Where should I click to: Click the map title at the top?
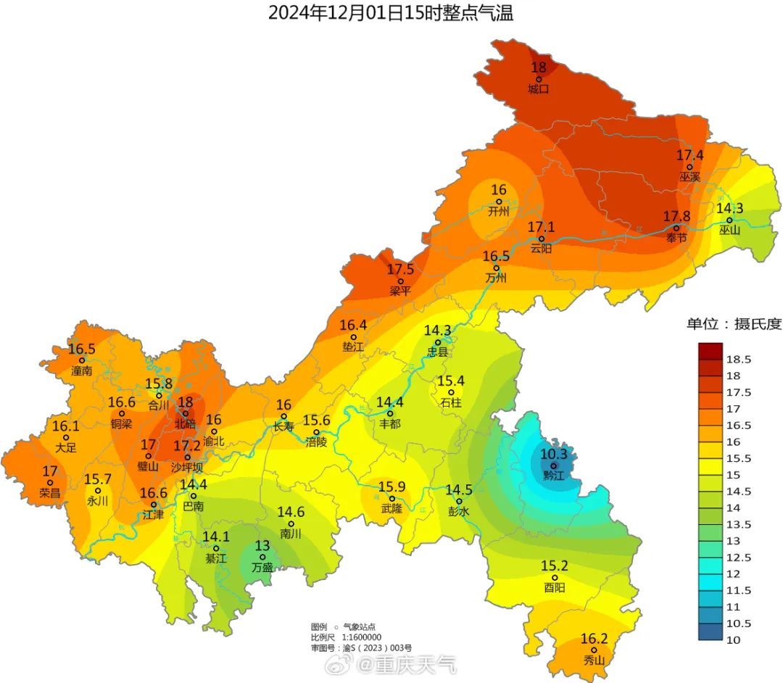point(391,12)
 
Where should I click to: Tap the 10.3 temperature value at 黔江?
point(552,455)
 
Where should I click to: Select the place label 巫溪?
point(689,177)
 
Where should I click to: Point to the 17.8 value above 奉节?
point(676,216)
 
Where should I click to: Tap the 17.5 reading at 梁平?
point(400,270)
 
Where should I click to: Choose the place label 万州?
point(496,278)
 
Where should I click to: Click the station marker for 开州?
point(499,202)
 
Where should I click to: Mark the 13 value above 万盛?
point(262,545)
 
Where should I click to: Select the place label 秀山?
point(594,661)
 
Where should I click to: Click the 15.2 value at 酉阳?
point(554,566)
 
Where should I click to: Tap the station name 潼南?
point(82,371)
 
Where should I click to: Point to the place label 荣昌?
point(50,493)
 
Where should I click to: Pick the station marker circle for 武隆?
point(392,499)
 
